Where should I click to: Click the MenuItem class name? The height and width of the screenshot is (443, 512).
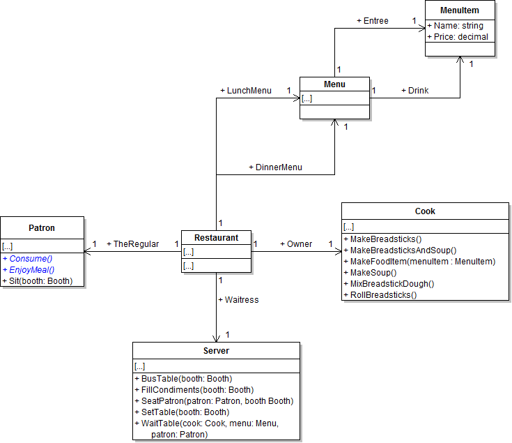[x=460, y=10]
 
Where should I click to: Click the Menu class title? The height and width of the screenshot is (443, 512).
[x=334, y=84]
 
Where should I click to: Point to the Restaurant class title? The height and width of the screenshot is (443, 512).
[x=216, y=238]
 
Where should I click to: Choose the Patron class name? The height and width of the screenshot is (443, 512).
[x=42, y=227]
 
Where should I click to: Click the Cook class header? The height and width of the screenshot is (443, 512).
[x=425, y=211]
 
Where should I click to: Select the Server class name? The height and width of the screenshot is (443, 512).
[x=216, y=350]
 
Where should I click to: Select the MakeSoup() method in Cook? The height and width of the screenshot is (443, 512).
[x=373, y=273]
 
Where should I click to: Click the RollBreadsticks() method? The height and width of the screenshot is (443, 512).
[x=383, y=295]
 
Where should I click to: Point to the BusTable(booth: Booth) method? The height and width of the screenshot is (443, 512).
[x=183, y=378]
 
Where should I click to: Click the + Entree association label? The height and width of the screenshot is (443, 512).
[x=373, y=21]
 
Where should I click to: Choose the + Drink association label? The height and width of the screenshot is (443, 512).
[x=415, y=91]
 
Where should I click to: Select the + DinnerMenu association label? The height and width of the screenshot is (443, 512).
[x=275, y=167]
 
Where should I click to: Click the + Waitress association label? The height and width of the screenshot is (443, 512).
[x=238, y=299]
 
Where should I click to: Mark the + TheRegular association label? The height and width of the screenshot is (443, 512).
[x=132, y=244]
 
